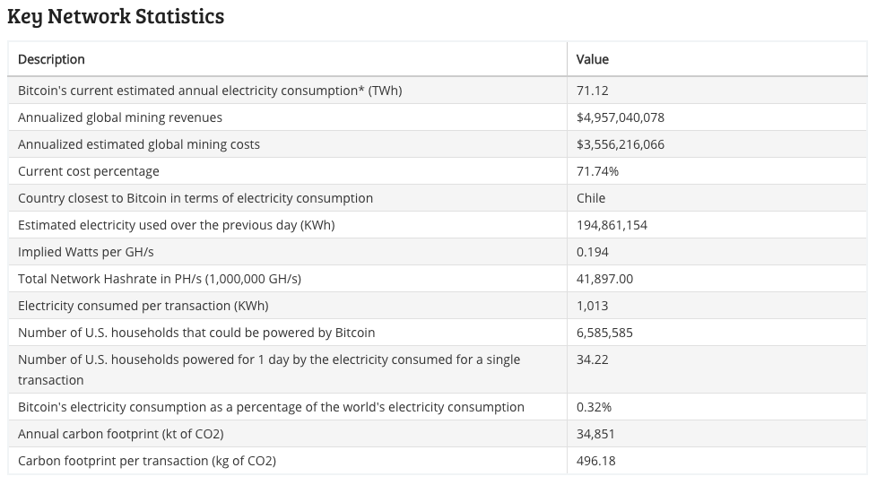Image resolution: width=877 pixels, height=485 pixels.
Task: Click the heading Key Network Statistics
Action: click(x=116, y=16)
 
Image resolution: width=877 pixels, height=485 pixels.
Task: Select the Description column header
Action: click(x=51, y=59)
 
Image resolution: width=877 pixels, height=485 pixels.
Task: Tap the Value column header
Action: click(x=592, y=59)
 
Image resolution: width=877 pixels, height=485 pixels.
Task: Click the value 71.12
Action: click(x=592, y=91)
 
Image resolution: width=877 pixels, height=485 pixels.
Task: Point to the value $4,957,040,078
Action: click(x=621, y=117)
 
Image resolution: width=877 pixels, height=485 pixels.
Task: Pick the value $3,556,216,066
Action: click(x=621, y=144)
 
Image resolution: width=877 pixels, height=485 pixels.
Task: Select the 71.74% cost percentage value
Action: click(x=597, y=171)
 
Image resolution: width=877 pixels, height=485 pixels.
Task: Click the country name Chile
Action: click(x=591, y=198)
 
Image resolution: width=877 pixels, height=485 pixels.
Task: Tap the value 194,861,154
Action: click(x=612, y=225)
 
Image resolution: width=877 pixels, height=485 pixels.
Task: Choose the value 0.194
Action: click(x=592, y=252)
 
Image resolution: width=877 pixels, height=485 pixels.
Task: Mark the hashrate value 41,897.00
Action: click(x=604, y=279)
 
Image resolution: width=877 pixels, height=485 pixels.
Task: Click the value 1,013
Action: click(x=592, y=306)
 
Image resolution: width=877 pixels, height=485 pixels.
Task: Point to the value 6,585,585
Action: click(x=604, y=333)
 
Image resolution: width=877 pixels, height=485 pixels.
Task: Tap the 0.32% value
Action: click(x=594, y=407)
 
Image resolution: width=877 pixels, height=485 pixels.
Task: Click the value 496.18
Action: click(x=595, y=461)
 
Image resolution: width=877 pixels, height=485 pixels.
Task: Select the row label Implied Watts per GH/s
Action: click(x=86, y=252)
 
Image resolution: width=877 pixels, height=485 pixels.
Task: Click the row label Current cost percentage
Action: click(x=89, y=171)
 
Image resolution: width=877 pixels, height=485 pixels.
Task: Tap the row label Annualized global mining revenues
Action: click(x=120, y=117)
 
